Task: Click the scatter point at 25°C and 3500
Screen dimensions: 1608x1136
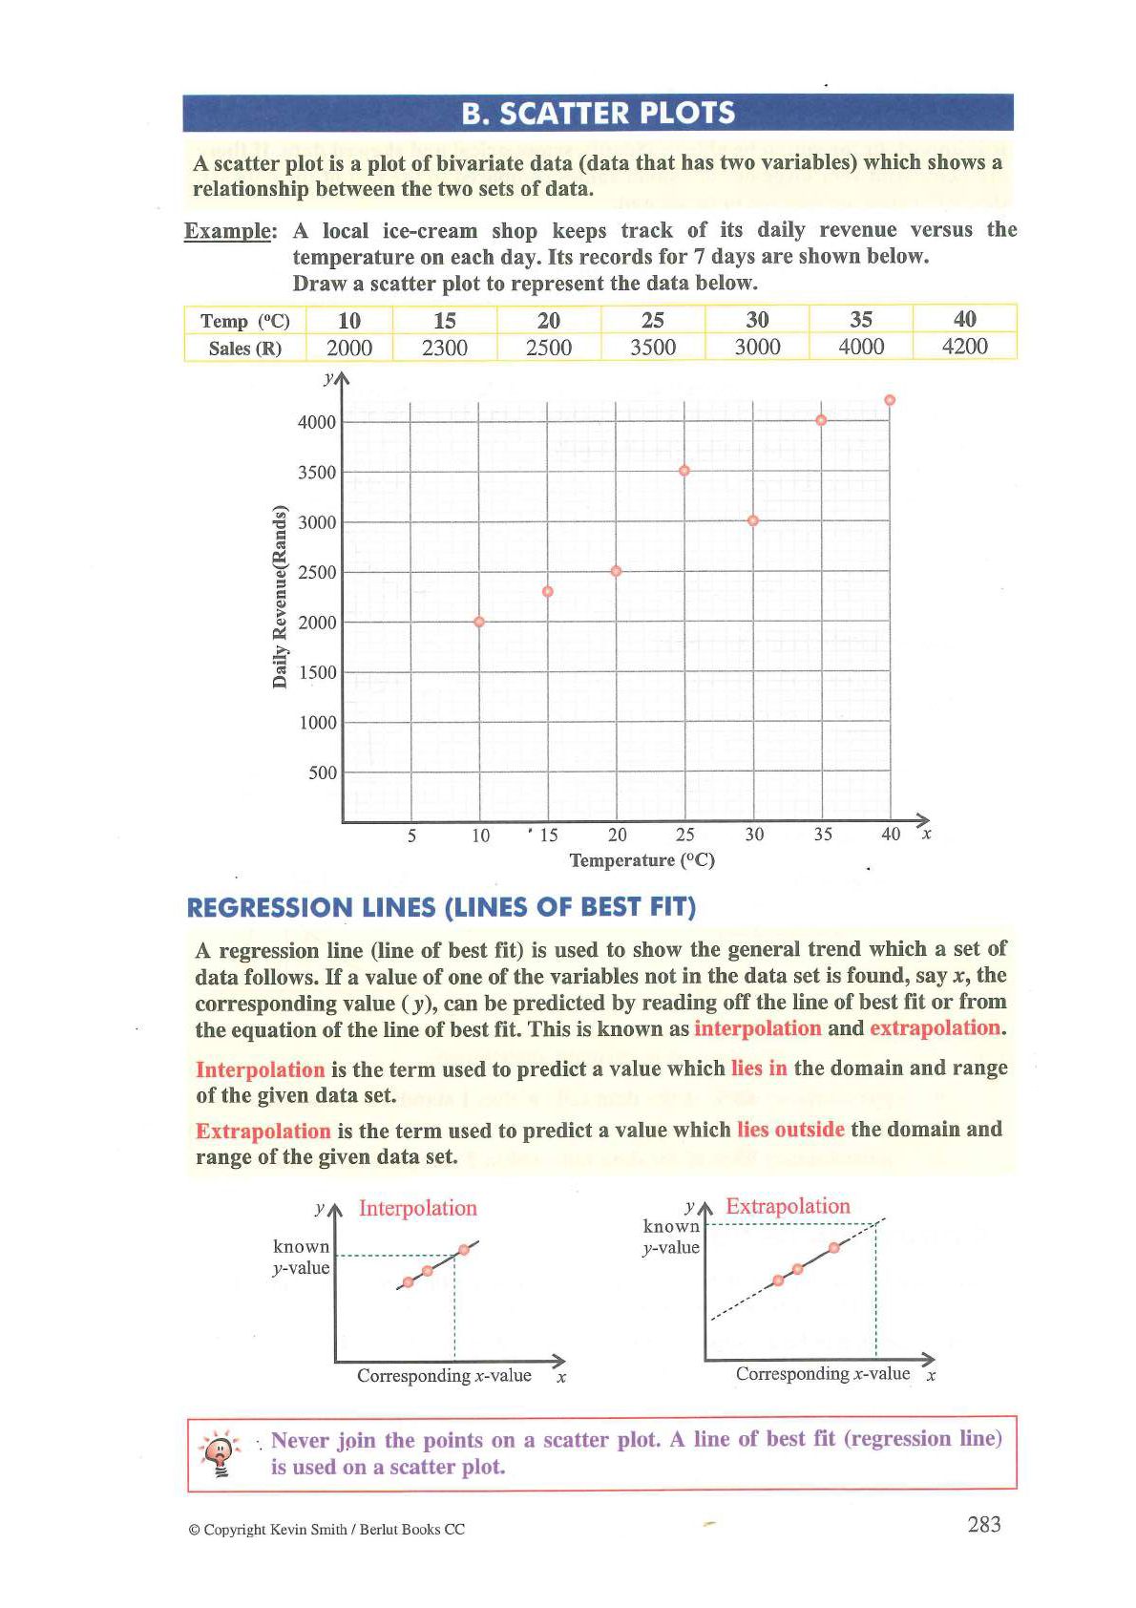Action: (x=684, y=471)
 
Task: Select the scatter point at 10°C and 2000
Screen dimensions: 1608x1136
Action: (x=479, y=622)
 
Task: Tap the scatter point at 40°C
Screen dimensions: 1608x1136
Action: (x=890, y=400)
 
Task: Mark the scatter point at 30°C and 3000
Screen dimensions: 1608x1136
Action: (x=753, y=520)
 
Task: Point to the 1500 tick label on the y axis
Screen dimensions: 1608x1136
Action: (x=317, y=672)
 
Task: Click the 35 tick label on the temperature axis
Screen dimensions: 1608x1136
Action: (x=823, y=835)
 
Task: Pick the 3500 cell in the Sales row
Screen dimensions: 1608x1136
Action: (x=653, y=347)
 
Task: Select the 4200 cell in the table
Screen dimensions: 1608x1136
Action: (x=964, y=346)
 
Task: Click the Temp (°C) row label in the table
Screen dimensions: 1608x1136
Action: (x=245, y=321)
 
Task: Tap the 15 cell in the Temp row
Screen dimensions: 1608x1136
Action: (x=445, y=320)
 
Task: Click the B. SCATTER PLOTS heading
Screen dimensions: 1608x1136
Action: (x=598, y=113)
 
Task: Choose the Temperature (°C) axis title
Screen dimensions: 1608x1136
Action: (x=642, y=860)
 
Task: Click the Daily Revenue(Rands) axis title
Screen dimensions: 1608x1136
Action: (x=280, y=594)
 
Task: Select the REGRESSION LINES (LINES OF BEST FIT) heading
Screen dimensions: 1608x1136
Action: (x=441, y=907)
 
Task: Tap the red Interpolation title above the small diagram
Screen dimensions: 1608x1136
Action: (x=418, y=1208)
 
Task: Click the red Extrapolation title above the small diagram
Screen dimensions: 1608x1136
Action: (x=788, y=1206)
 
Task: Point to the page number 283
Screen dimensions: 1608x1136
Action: (x=983, y=1525)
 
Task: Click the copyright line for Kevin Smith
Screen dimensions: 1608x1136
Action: (x=327, y=1530)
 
